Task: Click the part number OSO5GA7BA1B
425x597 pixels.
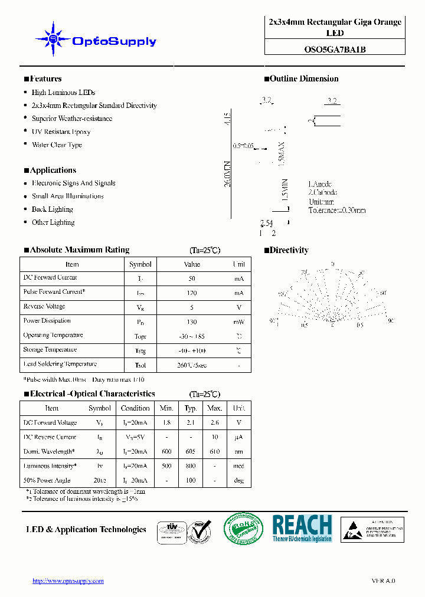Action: click(335, 50)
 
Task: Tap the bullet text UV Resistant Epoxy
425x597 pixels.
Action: click(61, 132)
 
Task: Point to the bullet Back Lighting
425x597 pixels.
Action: click(52, 209)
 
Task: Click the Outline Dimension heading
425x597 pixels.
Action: click(303, 79)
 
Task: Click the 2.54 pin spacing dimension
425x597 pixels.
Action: click(266, 223)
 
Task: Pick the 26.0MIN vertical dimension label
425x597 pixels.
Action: click(227, 174)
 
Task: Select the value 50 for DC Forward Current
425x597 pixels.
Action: click(192, 278)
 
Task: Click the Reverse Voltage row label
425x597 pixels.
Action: click(44, 307)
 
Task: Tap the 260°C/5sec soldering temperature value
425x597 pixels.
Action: click(192, 365)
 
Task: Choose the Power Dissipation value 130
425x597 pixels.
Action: click(192, 322)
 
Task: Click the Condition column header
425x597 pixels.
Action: click(135, 408)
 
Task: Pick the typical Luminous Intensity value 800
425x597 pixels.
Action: click(191, 466)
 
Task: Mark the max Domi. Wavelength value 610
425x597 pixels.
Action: click(214, 452)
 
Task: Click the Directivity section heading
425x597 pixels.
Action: click(289, 250)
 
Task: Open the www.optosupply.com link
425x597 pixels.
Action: click(68, 581)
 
